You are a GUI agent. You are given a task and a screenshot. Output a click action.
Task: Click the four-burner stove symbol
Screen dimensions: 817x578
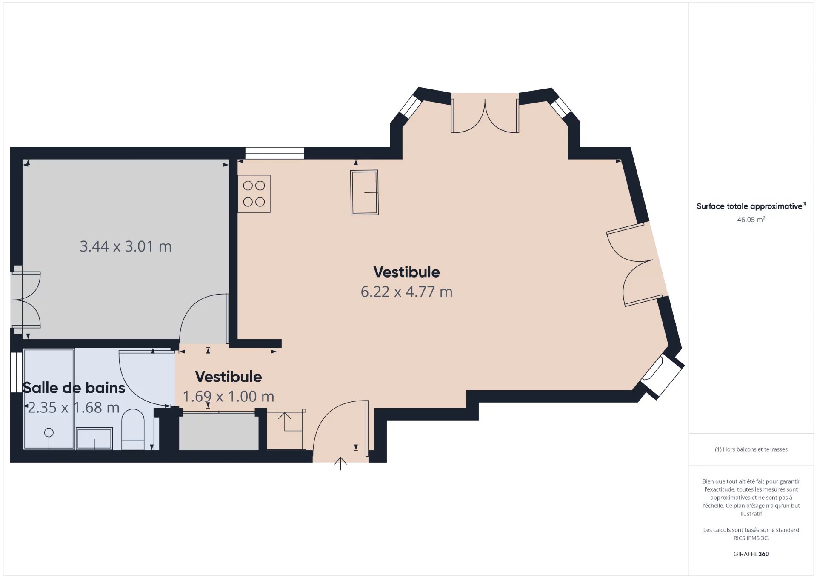pos(254,194)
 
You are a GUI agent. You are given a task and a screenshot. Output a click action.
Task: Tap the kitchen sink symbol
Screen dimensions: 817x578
pos(364,192)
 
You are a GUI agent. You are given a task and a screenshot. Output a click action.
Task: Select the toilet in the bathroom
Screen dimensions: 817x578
pos(133,429)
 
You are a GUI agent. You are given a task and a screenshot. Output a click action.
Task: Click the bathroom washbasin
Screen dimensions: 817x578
pos(94,438)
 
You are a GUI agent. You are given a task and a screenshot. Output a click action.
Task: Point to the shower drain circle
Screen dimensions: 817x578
pos(49,432)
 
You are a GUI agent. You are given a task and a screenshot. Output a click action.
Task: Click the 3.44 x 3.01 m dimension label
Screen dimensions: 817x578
pos(126,246)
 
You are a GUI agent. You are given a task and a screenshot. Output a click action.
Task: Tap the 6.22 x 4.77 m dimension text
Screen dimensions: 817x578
pos(406,292)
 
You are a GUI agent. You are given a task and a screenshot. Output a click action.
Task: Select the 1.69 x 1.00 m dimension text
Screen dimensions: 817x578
pos(229,397)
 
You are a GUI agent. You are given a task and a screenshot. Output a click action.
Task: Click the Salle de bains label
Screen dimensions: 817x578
pos(74,388)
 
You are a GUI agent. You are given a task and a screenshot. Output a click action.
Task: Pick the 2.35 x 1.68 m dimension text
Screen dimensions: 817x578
pos(74,408)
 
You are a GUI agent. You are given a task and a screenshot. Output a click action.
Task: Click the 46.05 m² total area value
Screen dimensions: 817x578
pos(751,220)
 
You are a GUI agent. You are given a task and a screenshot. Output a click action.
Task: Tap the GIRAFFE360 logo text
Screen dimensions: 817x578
pos(751,554)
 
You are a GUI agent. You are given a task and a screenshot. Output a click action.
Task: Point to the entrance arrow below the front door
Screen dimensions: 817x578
pos(340,464)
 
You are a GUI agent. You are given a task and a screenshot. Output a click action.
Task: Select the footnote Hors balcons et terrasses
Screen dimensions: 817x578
pos(751,449)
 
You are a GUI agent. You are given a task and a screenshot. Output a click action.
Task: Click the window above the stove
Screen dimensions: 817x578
pos(274,153)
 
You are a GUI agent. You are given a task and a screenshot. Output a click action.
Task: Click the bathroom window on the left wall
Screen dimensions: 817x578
pos(16,372)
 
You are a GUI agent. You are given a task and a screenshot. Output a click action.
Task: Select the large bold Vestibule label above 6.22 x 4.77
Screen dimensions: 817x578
pos(406,272)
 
